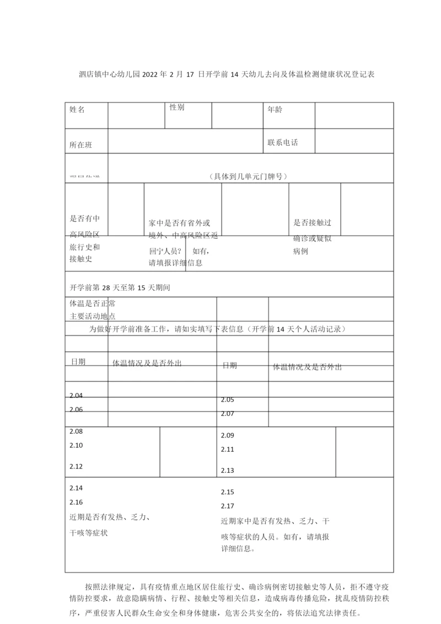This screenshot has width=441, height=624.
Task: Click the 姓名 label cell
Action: (x=77, y=110)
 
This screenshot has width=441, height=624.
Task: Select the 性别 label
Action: (x=177, y=107)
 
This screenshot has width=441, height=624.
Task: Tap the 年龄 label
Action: (x=275, y=110)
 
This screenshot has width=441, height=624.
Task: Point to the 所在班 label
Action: (x=80, y=145)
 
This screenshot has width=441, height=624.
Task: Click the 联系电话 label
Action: (x=283, y=142)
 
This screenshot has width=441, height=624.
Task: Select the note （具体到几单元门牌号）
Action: (x=248, y=176)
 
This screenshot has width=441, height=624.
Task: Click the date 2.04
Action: (x=76, y=395)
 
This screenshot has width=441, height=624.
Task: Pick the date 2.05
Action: (x=228, y=399)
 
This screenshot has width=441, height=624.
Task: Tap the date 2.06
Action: (x=76, y=409)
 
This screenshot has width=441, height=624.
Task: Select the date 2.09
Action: (x=228, y=435)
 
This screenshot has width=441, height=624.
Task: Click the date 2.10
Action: (x=76, y=445)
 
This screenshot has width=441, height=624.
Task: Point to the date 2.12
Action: (x=76, y=466)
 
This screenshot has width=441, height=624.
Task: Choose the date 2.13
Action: (x=228, y=471)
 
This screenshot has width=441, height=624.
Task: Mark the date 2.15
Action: (x=228, y=492)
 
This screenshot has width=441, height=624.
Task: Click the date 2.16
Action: (x=76, y=502)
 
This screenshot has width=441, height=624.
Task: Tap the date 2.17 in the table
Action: (x=228, y=506)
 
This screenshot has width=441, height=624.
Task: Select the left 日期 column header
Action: (x=78, y=361)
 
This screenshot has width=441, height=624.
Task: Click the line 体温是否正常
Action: (x=92, y=303)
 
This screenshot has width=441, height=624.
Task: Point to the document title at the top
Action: (x=219, y=74)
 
